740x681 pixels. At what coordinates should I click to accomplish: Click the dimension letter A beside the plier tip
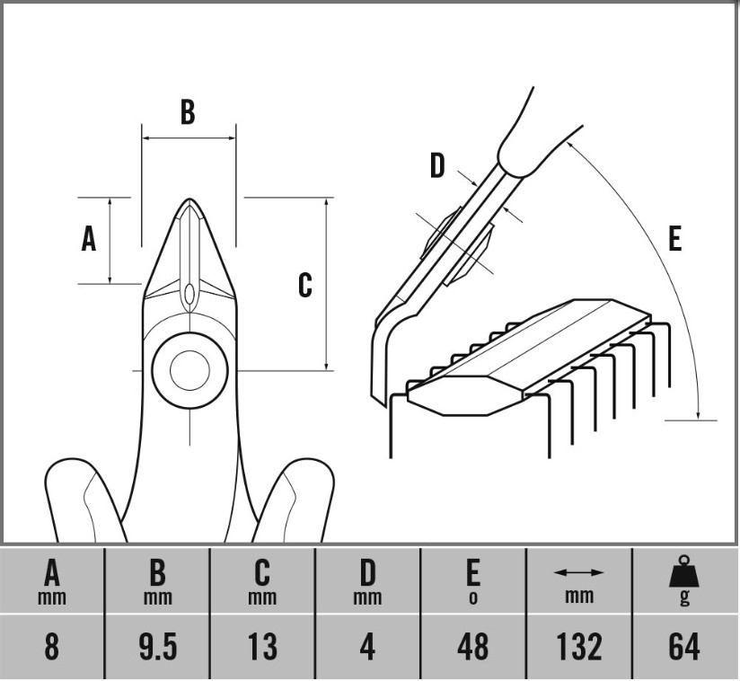(x=88, y=239)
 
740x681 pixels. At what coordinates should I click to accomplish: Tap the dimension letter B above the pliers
(x=187, y=112)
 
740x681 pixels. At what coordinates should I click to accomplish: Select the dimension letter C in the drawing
(x=305, y=285)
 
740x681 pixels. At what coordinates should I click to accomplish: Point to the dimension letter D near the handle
(x=436, y=165)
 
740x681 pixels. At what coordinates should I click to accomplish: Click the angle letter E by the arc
(x=674, y=238)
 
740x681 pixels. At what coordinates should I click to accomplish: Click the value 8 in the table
(x=52, y=647)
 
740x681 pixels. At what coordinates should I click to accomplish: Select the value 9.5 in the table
(x=157, y=647)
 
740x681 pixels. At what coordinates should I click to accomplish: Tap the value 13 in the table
(x=262, y=647)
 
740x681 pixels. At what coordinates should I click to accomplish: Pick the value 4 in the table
(x=367, y=647)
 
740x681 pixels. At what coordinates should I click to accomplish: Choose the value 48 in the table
(x=472, y=647)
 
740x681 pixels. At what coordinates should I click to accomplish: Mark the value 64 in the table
(x=684, y=647)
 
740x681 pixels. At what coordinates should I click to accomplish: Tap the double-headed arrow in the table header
(x=578, y=572)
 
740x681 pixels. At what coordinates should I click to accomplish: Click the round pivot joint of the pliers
(x=189, y=369)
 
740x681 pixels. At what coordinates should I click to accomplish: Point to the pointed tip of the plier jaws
(x=189, y=201)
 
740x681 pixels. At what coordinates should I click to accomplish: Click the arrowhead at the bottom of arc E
(x=699, y=412)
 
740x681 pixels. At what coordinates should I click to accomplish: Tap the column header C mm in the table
(x=262, y=581)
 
